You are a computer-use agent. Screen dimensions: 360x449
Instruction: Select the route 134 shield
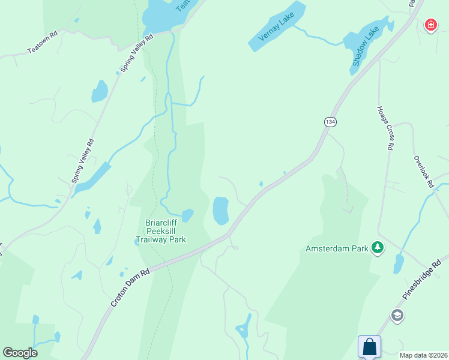point(330,122)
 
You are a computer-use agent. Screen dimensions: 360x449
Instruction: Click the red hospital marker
point(430,25)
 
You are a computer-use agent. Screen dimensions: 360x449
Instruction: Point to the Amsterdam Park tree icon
point(378,248)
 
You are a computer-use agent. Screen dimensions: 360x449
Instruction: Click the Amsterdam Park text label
point(337,248)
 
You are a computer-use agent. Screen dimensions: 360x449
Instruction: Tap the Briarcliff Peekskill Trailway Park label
point(161,231)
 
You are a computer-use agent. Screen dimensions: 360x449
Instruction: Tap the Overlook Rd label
point(423,173)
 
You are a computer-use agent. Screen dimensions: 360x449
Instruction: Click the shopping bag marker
point(369,347)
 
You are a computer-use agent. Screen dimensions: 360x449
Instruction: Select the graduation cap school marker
point(397,315)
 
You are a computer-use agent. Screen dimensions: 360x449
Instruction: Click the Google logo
point(20,353)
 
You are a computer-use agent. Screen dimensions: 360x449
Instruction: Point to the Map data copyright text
point(423,355)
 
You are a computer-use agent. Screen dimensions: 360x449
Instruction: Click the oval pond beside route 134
point(221,210)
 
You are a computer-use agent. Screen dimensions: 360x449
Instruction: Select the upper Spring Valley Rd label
point(137,53)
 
